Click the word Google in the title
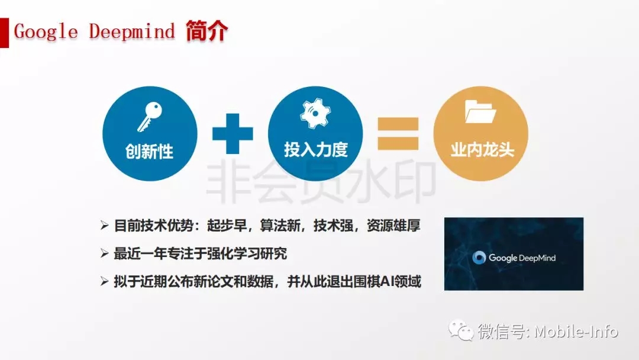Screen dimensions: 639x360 point(46,32)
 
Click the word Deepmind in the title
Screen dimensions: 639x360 point(132,32)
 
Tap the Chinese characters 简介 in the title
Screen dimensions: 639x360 point(206,31)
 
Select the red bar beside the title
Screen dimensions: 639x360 point(4,33)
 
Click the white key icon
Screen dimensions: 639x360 point(150,117)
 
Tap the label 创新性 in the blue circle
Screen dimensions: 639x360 point(149,152)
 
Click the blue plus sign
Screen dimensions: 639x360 point(233,134)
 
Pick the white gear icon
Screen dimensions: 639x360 point(315,113)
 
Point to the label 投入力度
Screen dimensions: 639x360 point(316,150)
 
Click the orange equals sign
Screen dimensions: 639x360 point(398,134)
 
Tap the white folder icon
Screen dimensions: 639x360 point(480,111)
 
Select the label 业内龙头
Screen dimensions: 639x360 point(482,150)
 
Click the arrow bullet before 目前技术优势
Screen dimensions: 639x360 point(104,226)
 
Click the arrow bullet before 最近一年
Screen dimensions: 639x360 point(104,253)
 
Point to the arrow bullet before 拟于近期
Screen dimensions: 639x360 point(104,281)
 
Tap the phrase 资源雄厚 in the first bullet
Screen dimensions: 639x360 point(393,226)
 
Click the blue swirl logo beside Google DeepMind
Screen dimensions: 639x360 point(479,258)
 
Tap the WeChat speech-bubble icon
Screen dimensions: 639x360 point(461,330)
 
